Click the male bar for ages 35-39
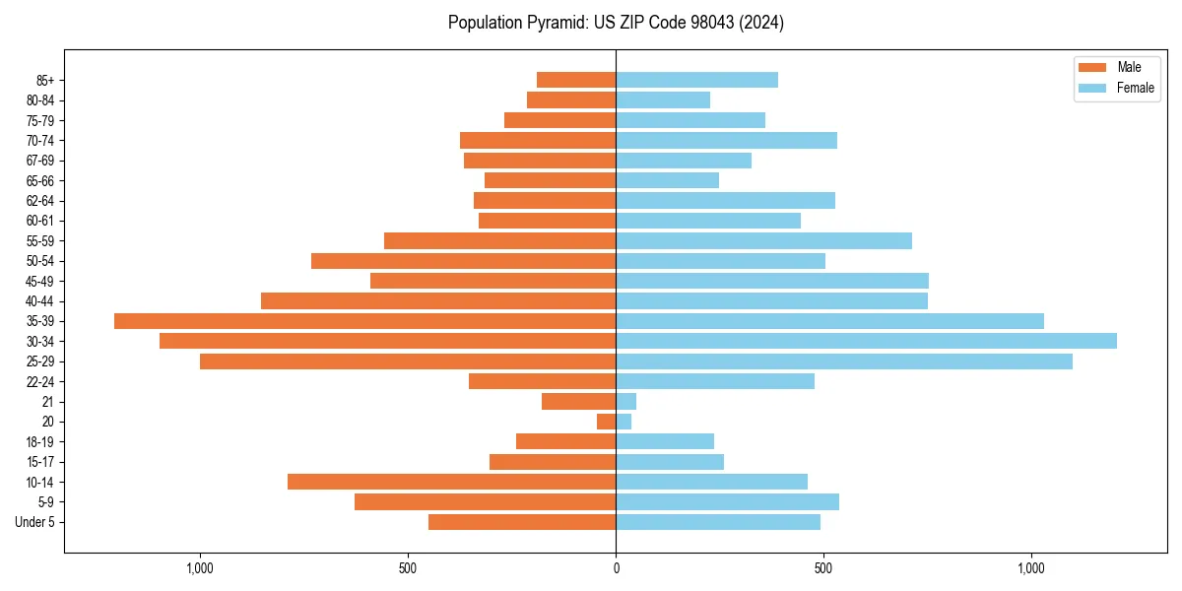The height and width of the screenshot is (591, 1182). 364,321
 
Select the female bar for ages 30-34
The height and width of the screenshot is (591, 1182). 866,341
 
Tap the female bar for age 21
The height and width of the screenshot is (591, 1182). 625,401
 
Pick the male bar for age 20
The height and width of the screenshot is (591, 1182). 607,422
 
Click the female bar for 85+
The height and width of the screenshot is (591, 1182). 696,80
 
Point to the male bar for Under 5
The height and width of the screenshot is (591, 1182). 522,522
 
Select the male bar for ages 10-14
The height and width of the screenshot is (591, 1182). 451,482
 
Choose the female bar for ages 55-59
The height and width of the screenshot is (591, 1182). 763,240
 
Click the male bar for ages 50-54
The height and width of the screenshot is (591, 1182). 463,261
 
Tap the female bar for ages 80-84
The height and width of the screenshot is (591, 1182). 663,99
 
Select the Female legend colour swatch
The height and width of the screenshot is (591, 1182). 1093,88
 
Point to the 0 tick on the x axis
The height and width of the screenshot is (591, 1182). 616,568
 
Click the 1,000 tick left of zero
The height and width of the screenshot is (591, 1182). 200,568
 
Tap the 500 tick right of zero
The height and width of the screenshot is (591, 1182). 823,568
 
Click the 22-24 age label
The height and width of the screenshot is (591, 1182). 40,381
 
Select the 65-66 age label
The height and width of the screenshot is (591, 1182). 40,180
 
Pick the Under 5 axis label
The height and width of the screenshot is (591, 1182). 34,522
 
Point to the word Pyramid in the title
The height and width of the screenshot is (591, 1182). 551,23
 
